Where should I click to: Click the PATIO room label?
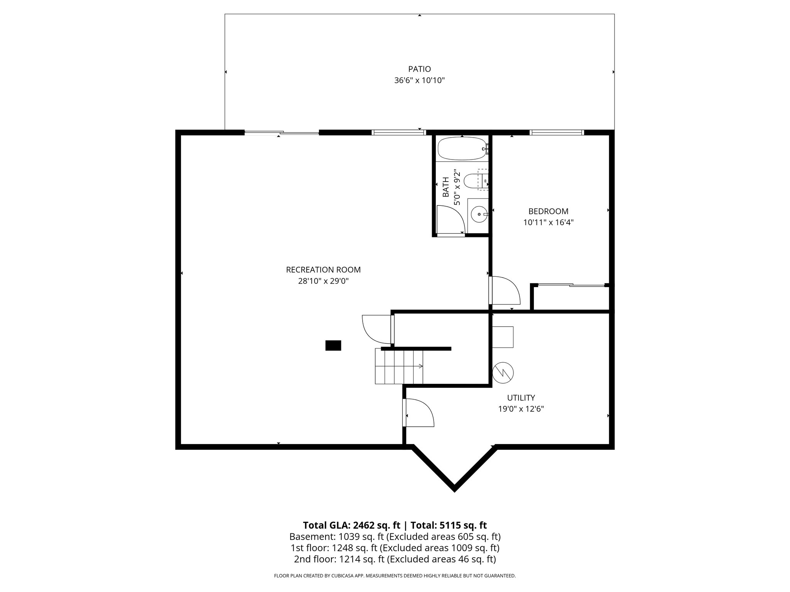tap(419, 69)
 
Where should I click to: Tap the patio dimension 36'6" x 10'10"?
tap(419, 81)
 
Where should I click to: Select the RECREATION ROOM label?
tap(323, 270)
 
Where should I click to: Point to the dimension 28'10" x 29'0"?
tap(323, 281)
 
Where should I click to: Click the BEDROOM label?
tap(548, 211)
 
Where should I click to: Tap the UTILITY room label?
tap(521, 398)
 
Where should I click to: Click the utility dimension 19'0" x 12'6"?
tap(521, 409)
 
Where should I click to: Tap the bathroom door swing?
tap(450, 219)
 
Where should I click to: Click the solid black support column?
tap(333, 345)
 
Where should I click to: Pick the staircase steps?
tap(399, 366)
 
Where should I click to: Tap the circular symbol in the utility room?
tap(503, 372)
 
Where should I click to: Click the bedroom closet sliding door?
tap(571, 285)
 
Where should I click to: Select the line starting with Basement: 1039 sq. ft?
tap(395, 536)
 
